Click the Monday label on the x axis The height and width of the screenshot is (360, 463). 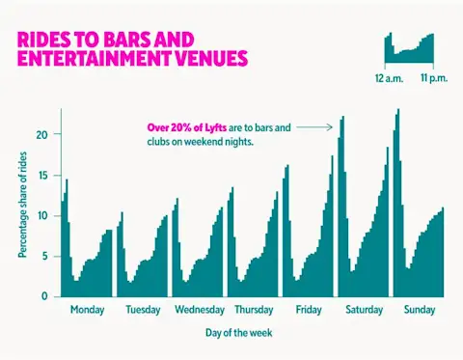pyautogui.click(x=87, y=310)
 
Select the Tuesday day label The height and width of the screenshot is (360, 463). pyautogui.click(x=143, y=310)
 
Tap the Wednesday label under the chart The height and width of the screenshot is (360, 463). pyautogui.click(x=200, y=310)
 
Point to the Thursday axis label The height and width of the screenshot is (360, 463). pyautogui.click(x=254, y=310)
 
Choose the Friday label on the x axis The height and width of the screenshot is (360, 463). pyautogui.click(x=309, y=310)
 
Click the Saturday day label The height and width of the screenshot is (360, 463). pyautogui.click(x=364, y=310)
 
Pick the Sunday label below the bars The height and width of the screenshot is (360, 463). pyautogui.click(x=419, y=310)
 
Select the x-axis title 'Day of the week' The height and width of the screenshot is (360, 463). pyautogui.click(x=237, y=332)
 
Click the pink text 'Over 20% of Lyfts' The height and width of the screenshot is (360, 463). pyautogui.click(x=187, y=126)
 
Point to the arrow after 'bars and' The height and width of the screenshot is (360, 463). pyautogui.click(x=314, y=126)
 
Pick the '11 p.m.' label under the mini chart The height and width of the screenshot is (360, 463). pyautogui.click(x=434, y=73)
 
